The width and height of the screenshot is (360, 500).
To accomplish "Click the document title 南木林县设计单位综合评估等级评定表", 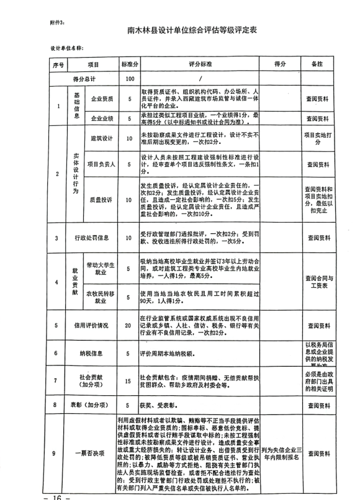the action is [179, 29].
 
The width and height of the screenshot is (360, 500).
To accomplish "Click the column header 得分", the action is [279, 65].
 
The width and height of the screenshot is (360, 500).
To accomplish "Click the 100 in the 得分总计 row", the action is [129, 79].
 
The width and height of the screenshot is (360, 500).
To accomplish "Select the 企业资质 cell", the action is [102, 99].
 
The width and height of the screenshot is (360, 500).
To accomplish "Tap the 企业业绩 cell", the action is [102, 118].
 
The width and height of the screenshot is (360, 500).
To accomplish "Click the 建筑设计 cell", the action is [102, 139].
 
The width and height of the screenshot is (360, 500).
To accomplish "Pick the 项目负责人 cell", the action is [102, 164].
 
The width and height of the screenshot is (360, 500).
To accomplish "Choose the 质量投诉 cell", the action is [102, 200].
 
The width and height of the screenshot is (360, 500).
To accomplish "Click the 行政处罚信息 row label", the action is [92, 238].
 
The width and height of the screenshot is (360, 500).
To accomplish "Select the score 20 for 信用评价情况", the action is [129, 324].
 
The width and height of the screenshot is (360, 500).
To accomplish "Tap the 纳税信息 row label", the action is [92, 353].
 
